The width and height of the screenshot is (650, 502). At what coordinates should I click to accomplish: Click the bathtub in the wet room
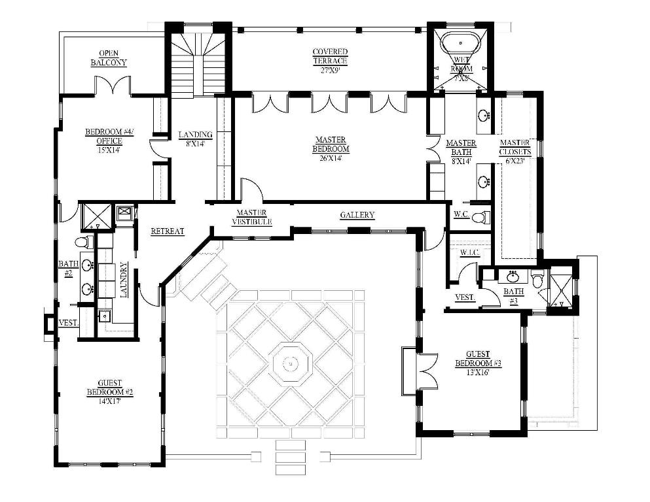pos(461,44)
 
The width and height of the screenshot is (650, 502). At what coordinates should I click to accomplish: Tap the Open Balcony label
pos(109,58)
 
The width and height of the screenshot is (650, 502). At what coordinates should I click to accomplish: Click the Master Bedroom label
pos(331,145)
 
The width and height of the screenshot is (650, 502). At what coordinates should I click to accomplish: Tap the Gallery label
pos(357,215)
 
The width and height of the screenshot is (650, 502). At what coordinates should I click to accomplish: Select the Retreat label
pos(168,231)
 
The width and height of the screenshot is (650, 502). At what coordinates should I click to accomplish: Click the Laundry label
pos(123,280)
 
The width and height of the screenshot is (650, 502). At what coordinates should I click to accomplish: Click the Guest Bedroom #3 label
pos(478,363)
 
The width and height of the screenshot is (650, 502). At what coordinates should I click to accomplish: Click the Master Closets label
pos(515,148)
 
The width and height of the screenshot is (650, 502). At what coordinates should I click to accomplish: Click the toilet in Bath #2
pos(82,243)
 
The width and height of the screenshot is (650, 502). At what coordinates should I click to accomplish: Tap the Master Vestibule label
pos(251,218)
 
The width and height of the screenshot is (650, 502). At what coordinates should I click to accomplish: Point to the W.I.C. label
pos(469,252)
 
